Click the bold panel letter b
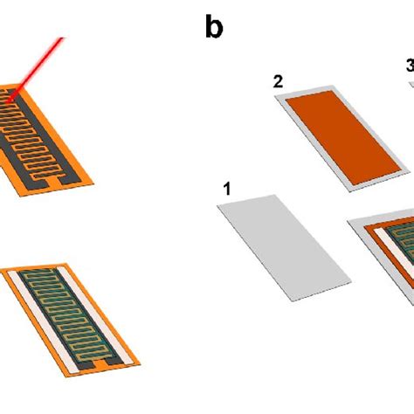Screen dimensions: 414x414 [214, 26]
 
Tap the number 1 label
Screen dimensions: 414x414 [227, 189]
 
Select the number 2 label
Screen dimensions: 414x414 [278, 81]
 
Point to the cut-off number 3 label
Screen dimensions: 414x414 [411, 66]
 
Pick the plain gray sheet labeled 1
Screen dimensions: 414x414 [284, 248]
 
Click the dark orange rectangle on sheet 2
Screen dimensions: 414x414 [343, 137]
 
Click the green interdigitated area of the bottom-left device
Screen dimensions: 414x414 [68, 315]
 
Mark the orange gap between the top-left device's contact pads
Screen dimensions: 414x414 [52, 183]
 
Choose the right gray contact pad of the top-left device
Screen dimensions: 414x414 [67, 179]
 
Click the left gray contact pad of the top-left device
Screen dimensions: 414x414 [40, 183]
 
